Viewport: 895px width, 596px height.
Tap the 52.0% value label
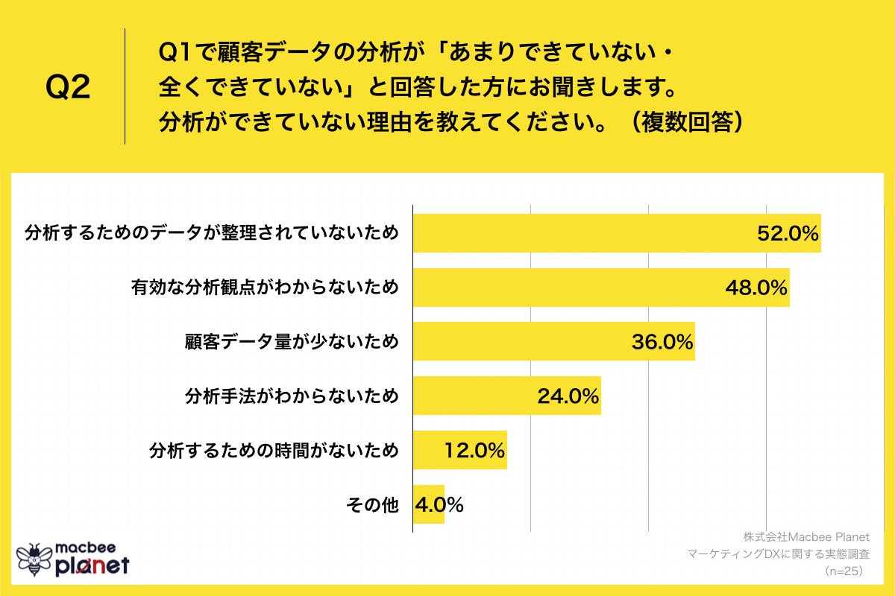click(x=788, y=233)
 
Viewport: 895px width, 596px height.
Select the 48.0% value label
click(x=757, y=288)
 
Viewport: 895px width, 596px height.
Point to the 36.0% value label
click(x=662, y=342)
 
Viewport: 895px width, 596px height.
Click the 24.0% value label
click(x=568, y=396)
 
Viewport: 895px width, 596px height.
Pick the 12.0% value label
click(x=474, y=451)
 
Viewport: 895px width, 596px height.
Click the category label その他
click(x=372, y=505)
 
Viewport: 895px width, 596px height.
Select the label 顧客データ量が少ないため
click(x=292, y=342)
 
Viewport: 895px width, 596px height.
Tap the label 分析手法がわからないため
click(x=292, y=396)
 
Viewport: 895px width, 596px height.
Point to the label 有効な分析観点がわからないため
click(x=265, y=288)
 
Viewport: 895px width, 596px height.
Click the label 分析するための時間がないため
click(x=274, y=451)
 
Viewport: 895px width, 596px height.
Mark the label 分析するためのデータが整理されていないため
click(x=211, y=233)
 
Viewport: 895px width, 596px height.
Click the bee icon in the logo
click(x=34, y=559)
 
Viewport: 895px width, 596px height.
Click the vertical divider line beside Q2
click(x=125, y=86)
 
